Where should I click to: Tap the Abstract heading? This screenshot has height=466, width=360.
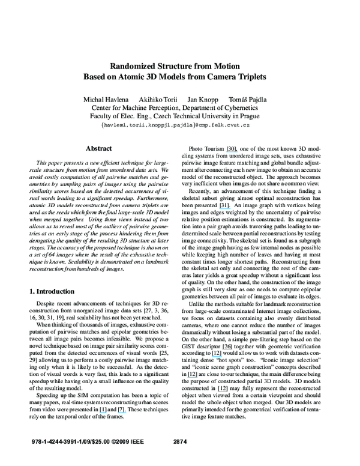coord(99,148)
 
